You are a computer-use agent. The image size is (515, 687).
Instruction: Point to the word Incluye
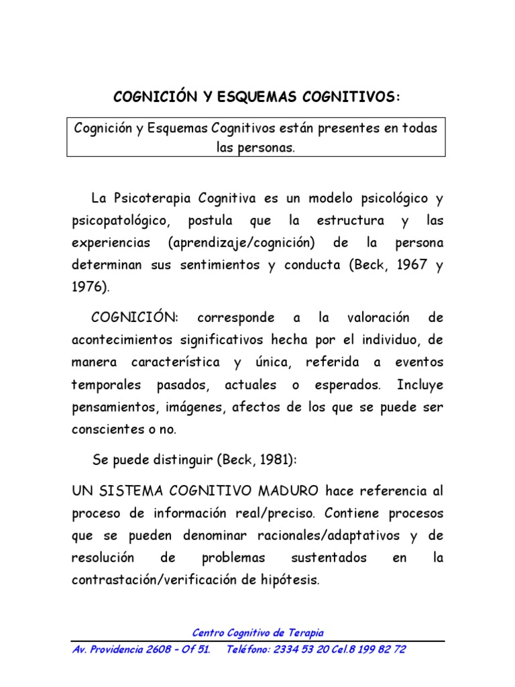tap(420, 386)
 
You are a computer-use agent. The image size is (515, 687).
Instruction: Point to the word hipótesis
tap(290, 580)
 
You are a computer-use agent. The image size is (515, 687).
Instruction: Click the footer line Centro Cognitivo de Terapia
tap(257, 633)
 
